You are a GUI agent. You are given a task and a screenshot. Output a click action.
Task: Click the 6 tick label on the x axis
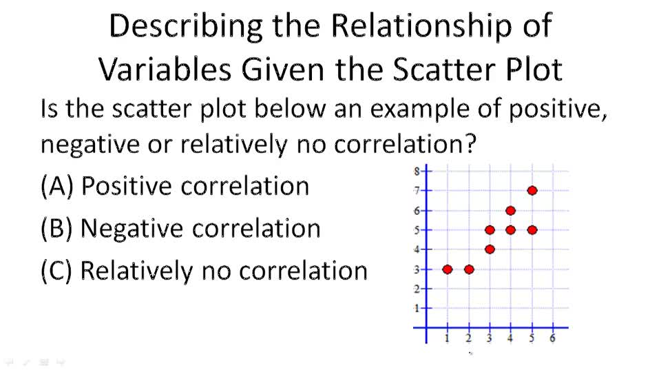[x=552, y=338]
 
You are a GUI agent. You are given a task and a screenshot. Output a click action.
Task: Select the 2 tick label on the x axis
[x=469, y=338]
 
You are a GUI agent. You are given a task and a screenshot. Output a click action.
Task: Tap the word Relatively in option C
[x=136, y=271]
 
